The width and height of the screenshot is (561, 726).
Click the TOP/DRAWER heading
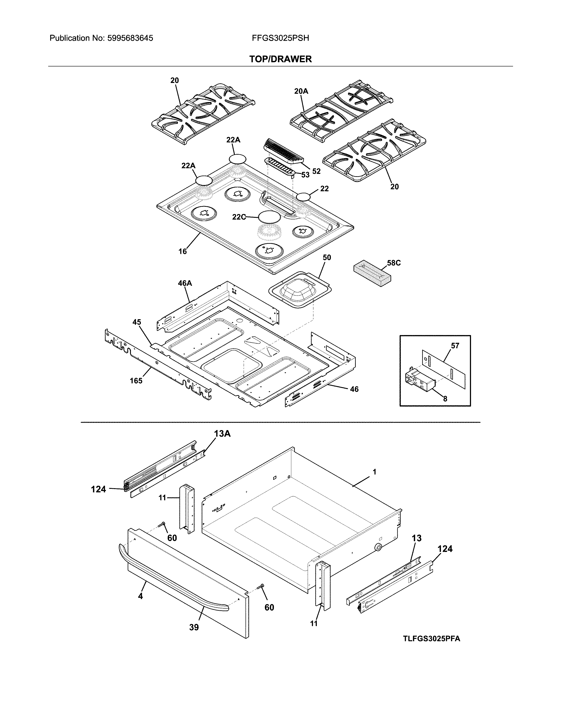click(x=280, y=59)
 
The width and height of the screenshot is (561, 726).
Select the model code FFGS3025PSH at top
click(x=280, y=38)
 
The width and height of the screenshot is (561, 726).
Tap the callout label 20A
click(x=301, y=91)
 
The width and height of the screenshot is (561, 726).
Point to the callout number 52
click(x=316, y=171)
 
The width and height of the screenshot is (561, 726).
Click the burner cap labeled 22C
click(x=269, y=216)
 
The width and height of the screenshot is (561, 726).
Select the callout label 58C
click(x=394, y=263)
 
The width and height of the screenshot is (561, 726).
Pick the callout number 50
click(x=327, y=257)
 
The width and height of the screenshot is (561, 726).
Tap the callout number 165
click(x=136, y=381)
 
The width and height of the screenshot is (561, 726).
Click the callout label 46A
click(x=185, y=283)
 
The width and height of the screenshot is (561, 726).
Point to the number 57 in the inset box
click(x=455, y=346)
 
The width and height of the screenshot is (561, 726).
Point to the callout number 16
click(x=182, y=251)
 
